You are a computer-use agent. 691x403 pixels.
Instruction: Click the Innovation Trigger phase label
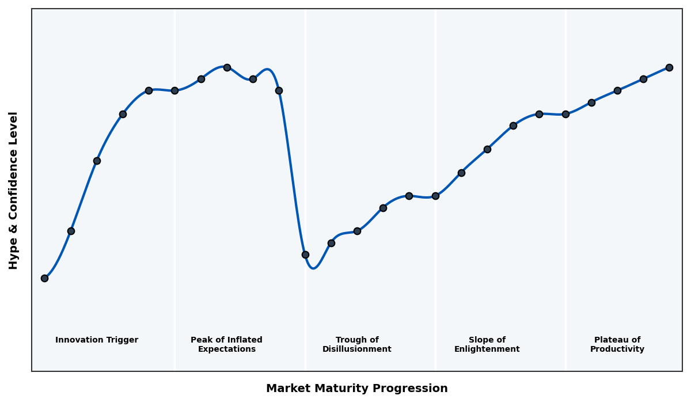click(x=97, y=340)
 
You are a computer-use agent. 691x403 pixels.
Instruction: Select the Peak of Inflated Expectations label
click(x=226, y=344)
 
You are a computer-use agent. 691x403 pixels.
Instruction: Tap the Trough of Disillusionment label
click(x=357, y=344)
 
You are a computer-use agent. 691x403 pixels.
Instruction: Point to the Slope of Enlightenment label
click(x=487, y=344)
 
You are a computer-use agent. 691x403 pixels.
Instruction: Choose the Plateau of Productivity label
click(x=617, y=344)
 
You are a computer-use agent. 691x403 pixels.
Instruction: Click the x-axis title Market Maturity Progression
click(x=356, y=389)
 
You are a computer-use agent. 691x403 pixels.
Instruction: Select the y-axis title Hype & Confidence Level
click(x=14, y=190)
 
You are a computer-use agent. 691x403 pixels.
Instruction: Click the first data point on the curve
click(x=44, y=278)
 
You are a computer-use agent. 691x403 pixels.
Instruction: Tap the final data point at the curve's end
click(x=669, y=67)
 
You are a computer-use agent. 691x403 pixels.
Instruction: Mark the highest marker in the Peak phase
click(x=227, y=67)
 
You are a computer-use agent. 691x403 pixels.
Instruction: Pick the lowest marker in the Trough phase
click(x=305, y=254)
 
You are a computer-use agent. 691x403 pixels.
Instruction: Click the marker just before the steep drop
click(x=279, y=90)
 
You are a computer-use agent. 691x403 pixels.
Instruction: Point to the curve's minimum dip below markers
click(x=313, y=268)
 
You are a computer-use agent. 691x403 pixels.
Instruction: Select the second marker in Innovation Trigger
click(x=71, y=231)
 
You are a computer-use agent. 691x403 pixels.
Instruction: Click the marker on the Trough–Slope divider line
click(x=435, y=196)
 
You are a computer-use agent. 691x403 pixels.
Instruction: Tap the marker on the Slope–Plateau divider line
click(x=565, y=114)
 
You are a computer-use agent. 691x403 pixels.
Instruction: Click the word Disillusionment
click(x=357, y=349)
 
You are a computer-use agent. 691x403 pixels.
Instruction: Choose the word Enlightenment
click(x=487, y=349)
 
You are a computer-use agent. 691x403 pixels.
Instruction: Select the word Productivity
click(x=617, y=349)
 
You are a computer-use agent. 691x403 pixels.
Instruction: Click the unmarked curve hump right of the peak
click(x=268, y=70)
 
